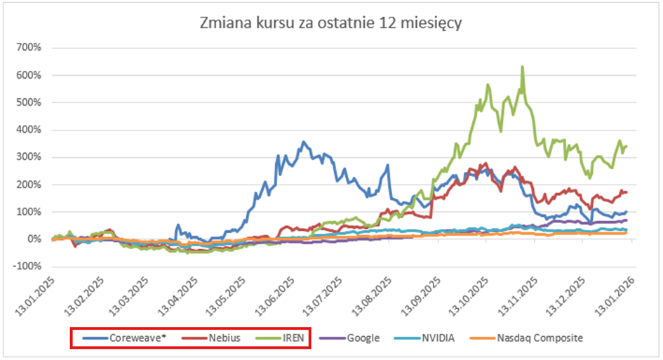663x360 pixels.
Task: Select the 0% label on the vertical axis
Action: [x=35, y=239]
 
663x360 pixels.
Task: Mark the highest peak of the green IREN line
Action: [x=522, y=67]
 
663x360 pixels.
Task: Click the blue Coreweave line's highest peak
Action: [x=303, y=142]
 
